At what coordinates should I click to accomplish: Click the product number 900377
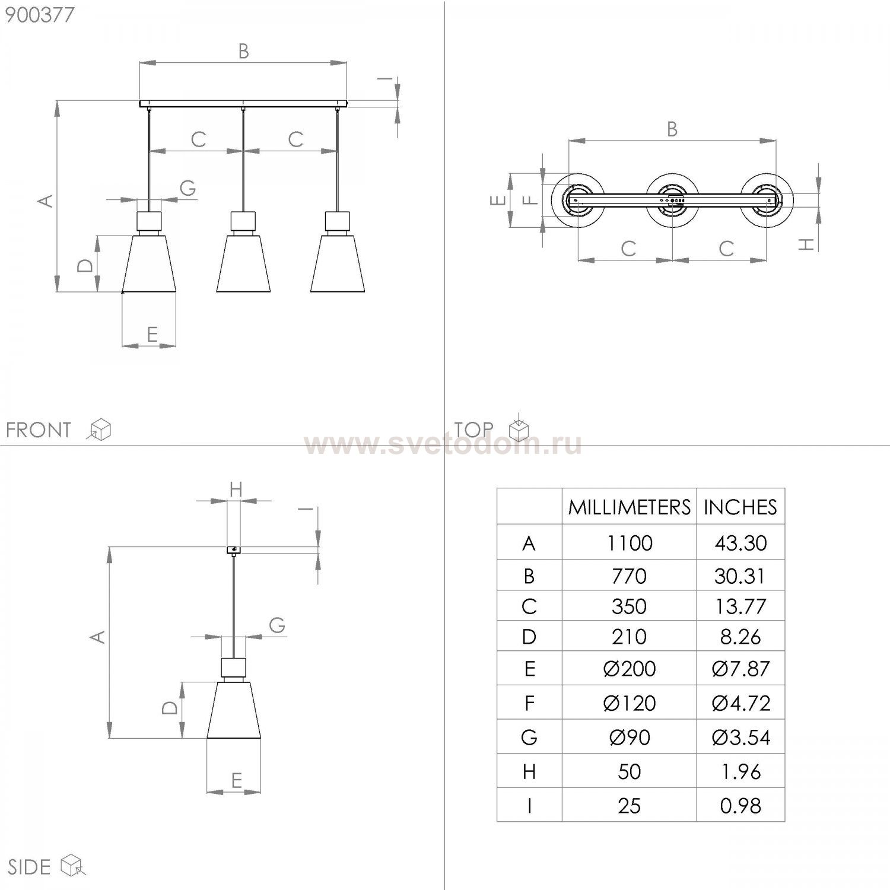(40, 15)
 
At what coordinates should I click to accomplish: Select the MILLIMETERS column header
(630, 507)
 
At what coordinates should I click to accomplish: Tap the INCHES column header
(740, 507)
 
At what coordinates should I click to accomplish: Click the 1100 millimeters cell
(630, 543)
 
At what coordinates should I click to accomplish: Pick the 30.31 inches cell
(740, 576)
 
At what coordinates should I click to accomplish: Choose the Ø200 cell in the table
(630, 669)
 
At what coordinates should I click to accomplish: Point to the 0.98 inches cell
(740, 806)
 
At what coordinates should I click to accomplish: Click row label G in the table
(529, 738)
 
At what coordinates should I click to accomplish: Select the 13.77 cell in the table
(740, 606)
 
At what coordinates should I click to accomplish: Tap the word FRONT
(39, 430)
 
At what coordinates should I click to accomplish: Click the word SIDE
(29, 867)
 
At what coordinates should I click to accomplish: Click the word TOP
(474, 429)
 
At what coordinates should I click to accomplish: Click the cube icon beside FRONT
(99, 430)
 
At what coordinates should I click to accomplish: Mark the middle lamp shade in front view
(243, 263)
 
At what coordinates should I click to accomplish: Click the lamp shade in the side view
(234, 710)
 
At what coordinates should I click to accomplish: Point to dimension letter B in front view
(243, 52)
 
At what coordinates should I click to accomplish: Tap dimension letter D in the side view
(170, 707)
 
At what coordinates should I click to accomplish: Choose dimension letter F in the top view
(532, 201)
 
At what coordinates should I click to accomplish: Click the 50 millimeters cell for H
(630, 771)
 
